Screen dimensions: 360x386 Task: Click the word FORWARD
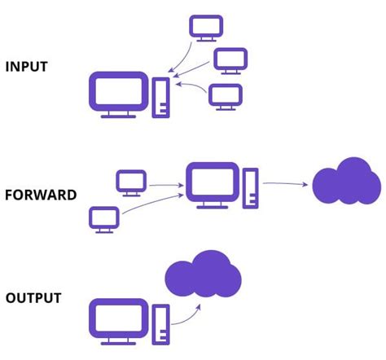pyautogui.click(x=41, y=195)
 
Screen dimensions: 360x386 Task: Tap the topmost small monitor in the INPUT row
pyautogui.click(x=204, y=26)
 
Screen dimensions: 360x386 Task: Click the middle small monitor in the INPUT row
pyautogui.click(x=229, y=59)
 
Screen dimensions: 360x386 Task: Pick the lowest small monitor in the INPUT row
pyautogui.click(x=225, y=95)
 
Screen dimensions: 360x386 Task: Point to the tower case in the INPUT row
pyautogui.click(x=161, y=95)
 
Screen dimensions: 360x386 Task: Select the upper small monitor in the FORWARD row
pyautogui.click(x=131, y=181)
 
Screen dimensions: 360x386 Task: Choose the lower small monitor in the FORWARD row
pyautogui.click(x=104, y=217)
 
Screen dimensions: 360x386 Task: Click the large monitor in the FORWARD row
pyautogui.click(x=212, y=183)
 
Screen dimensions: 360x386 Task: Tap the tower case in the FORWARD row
pyautogui.click(x=250, y=187)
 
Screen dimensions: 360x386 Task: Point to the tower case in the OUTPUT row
pyautogui.click(x=161, y=321)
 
